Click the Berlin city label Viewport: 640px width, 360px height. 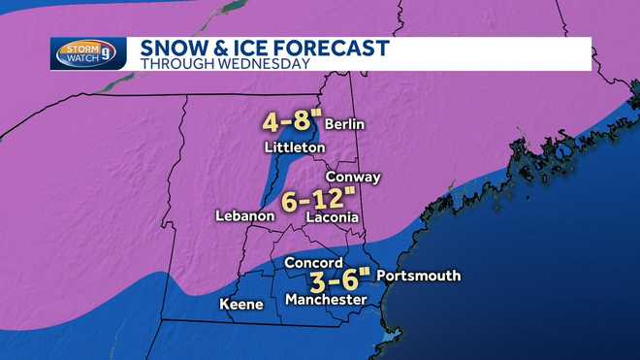tap(345, 125)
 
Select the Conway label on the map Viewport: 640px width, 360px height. tap(353, 178)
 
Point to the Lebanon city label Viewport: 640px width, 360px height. tap(243, 216)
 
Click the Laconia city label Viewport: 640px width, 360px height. tap(333, 218)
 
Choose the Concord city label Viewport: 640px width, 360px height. tap(313, 263)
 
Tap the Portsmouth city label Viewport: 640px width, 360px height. tap(418, 277)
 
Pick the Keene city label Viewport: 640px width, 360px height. tap(241, 305)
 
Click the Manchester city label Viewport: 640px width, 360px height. tap(326, 301)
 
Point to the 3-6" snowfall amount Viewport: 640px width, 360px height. tap(339, 281)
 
